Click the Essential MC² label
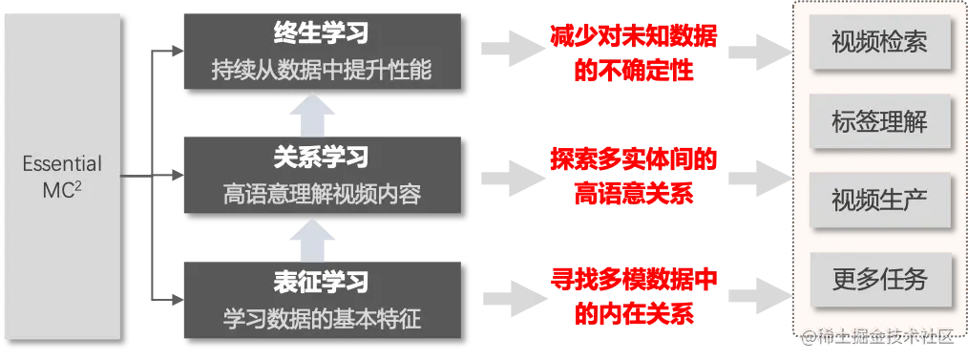pos(62,178)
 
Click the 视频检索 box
pos(878,43)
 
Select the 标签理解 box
pos(878,121)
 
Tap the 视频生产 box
pos(878,201)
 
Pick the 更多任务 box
pos(878,279)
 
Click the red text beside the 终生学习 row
pos(634,53)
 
